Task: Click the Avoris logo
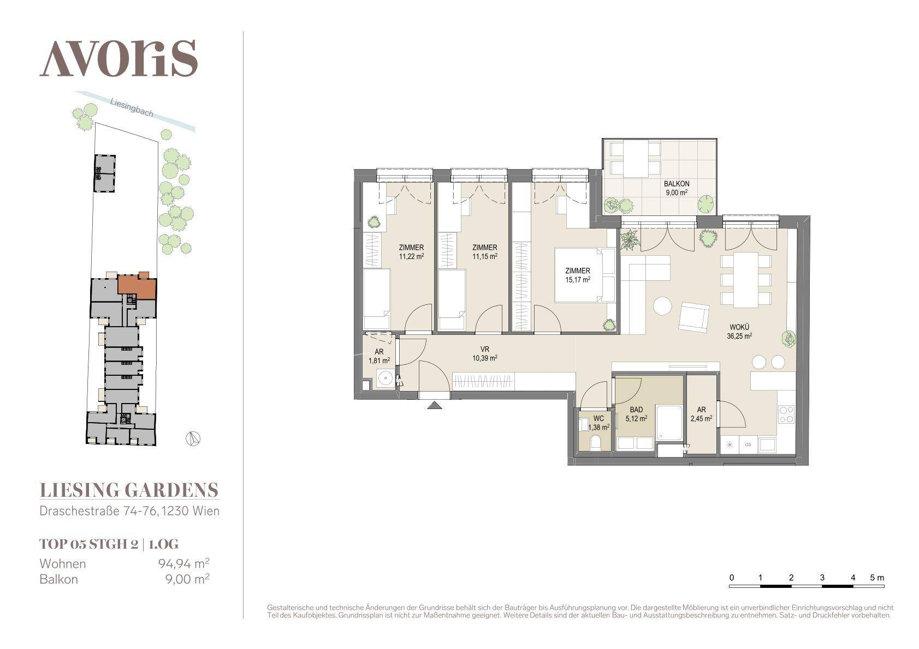tap(118, 58)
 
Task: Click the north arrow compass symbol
tap(193, 439)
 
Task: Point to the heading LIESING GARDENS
tap(129, 490)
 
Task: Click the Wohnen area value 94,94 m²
tap(184, 564)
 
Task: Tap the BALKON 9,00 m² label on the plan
tap(677, 188)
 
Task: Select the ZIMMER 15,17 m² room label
tap(578, 275)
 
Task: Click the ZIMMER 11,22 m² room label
tap(411, 252)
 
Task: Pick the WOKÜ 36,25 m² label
tap(739, 332)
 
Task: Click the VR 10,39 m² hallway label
tap(484, 353)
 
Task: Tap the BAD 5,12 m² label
tap(636, 414)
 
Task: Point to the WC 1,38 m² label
tap(598, 423)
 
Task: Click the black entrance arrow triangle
tap(435, 405)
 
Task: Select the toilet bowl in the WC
tap(595, 443)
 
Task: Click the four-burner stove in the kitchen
tap(786, 414)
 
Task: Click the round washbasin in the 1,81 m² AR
tap(385, 378)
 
